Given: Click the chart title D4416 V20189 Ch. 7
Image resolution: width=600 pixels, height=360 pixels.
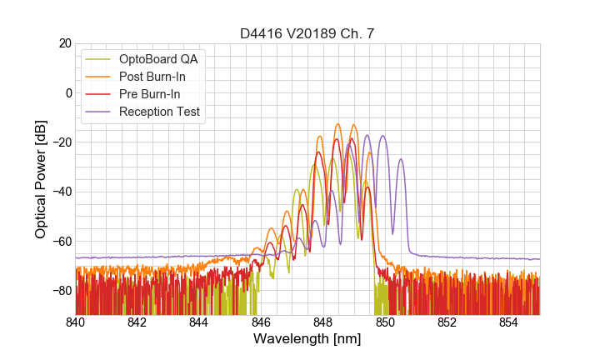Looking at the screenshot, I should point(307,33).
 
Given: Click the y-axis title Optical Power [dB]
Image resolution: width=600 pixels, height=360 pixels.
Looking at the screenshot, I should point(40,179).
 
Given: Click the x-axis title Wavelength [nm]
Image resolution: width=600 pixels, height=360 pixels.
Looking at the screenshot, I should point(307,340).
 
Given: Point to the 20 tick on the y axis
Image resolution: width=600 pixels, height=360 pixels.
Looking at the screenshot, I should point(64,43).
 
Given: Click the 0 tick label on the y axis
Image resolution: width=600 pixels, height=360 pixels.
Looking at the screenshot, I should point(67,92).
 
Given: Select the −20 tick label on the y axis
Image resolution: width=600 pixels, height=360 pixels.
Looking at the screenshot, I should point(61,142).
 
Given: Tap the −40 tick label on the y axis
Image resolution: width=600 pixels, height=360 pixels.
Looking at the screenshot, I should point(61,192).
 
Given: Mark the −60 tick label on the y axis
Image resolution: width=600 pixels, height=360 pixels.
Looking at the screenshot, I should point(61,242).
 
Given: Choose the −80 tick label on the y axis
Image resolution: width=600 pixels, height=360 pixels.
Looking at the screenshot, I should point(61,291).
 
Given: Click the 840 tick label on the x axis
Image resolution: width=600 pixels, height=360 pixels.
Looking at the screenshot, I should point(76,322).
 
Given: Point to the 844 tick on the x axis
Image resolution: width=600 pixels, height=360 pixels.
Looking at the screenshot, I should point(199,322).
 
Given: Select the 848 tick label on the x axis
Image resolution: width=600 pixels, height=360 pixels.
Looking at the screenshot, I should point(323,322).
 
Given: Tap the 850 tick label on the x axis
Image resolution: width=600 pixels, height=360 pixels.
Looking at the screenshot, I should point(385,322).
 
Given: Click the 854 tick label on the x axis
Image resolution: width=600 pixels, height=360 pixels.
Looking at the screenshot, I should point(508,322).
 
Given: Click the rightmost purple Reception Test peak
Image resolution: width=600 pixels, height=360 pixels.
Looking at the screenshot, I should point(401,159).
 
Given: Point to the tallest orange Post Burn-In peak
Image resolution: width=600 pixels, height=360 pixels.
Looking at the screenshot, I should point(338,124).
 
